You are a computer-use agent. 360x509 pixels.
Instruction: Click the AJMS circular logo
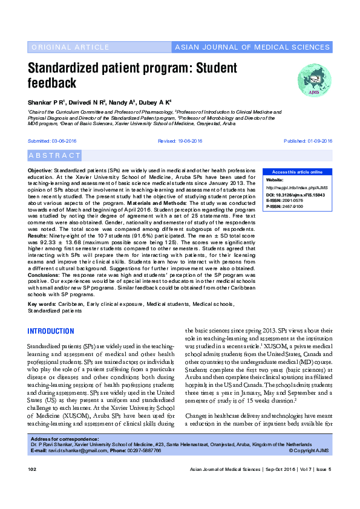[314, 79]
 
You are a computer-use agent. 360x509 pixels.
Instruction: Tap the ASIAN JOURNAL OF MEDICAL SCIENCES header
[251, 47]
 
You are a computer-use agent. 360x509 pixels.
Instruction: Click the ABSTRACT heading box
[54, 155]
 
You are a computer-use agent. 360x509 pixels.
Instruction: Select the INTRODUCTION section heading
[51, 332]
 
